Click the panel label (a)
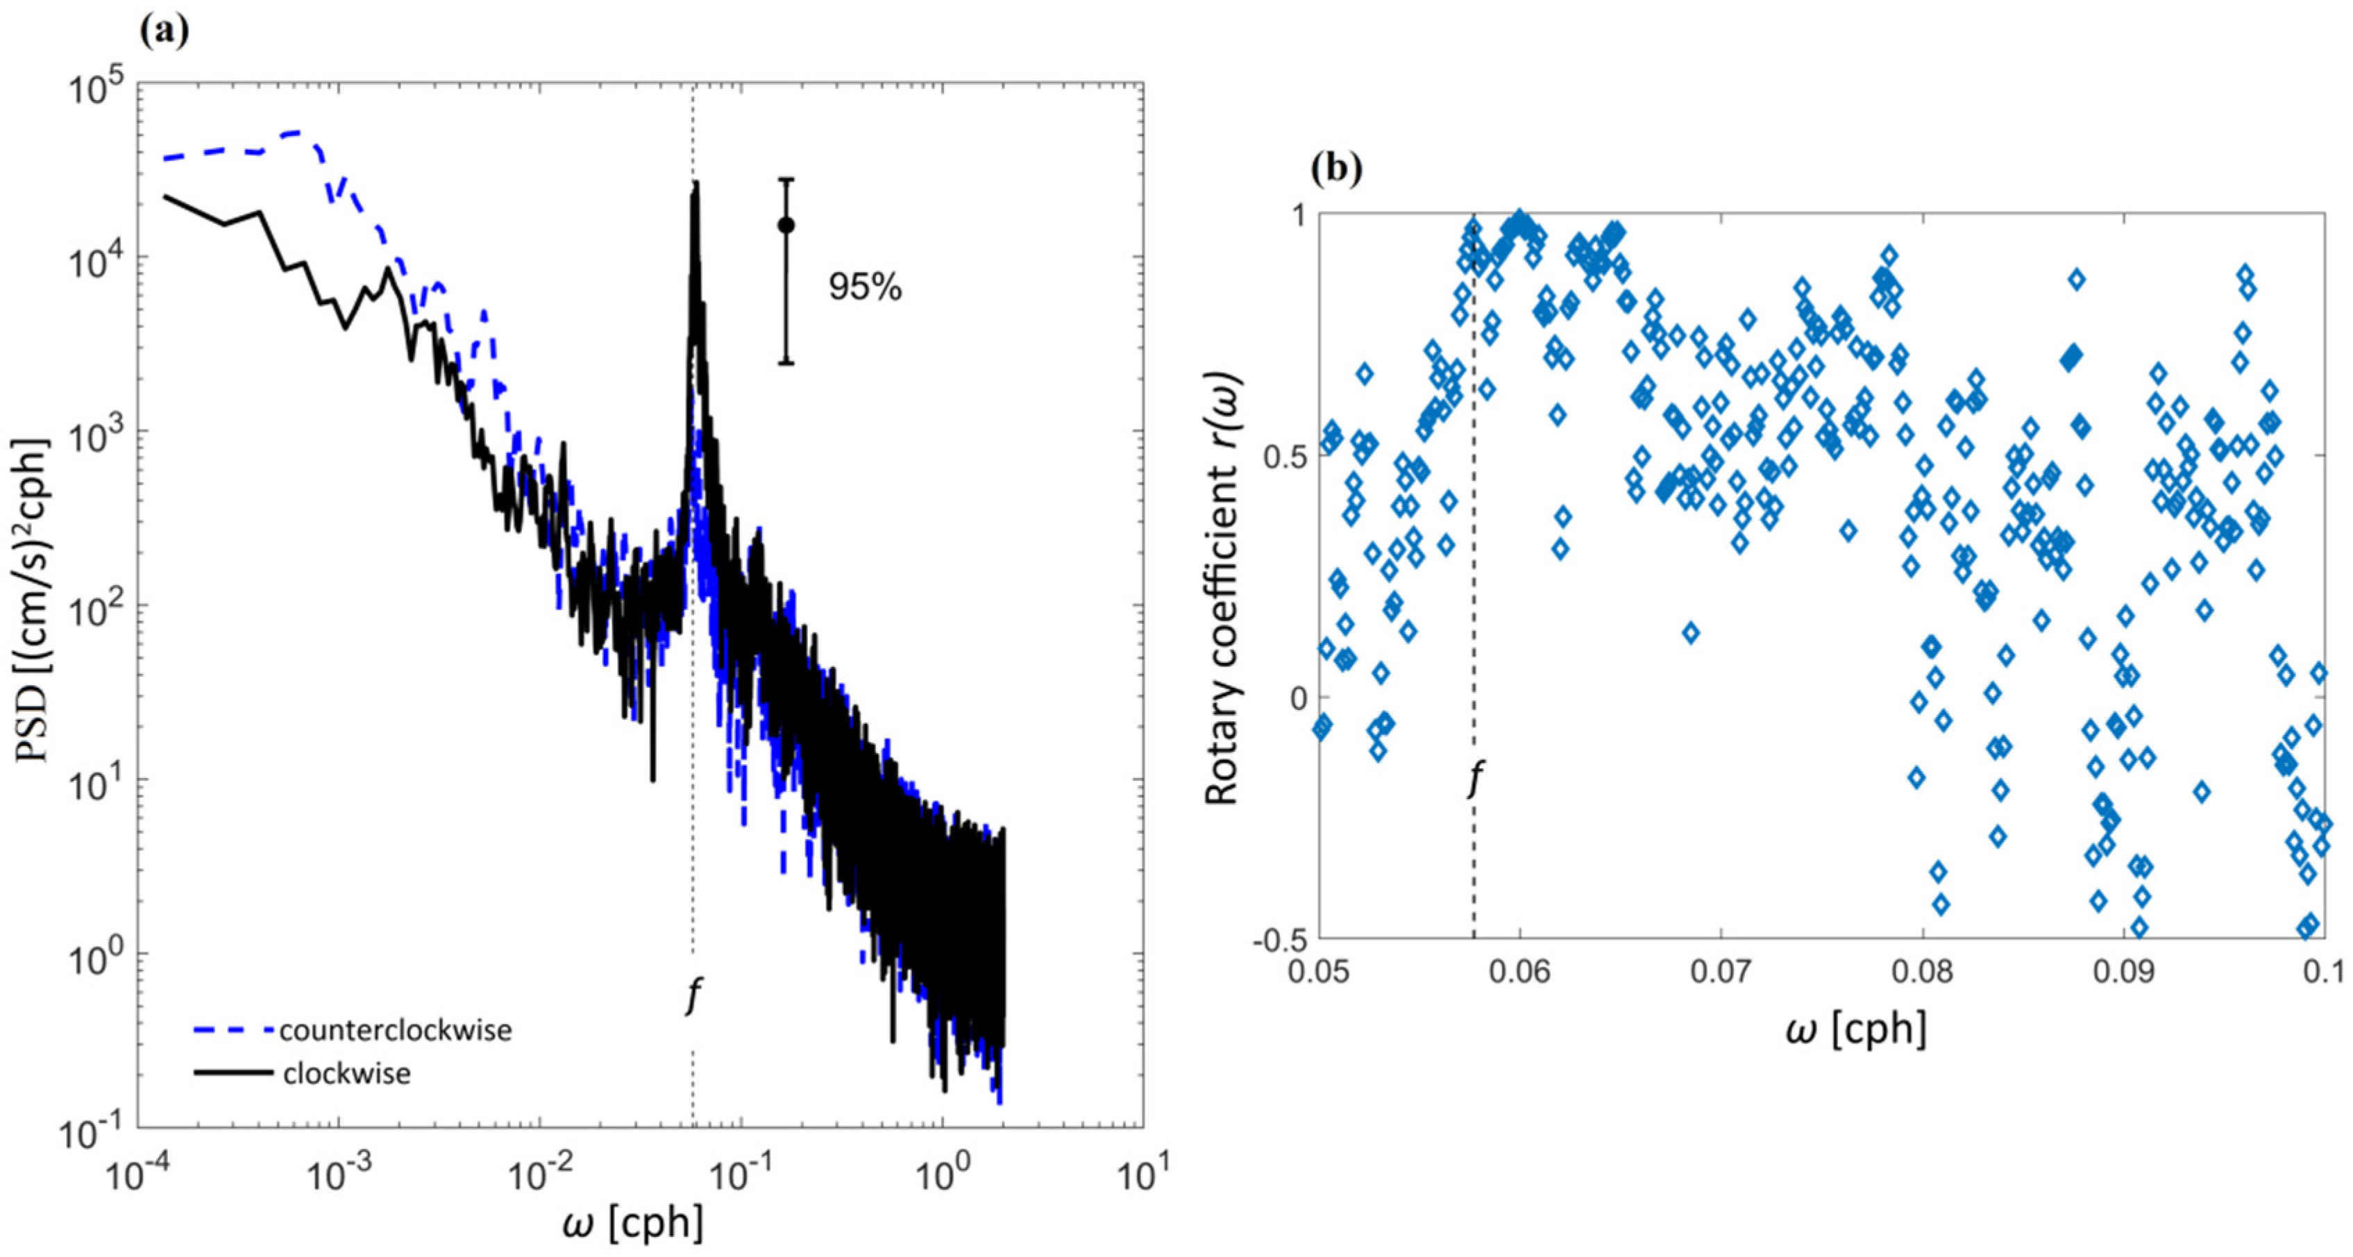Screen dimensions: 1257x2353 [x=164, y=31]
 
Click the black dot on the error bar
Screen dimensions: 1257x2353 [x=786, y=225]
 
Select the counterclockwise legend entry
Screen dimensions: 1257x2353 [x=395, y=1031]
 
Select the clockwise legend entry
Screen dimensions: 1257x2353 [x=346, y=1073]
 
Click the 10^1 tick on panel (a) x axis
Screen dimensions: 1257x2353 [x=1142, y=1176]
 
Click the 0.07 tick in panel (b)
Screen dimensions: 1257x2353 [x=1720, y=970]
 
